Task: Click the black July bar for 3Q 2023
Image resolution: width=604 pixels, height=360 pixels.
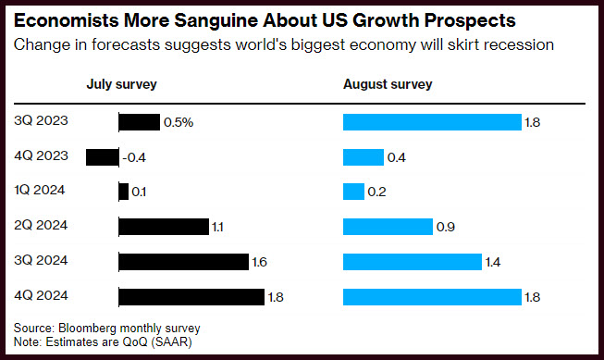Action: click(139, 122)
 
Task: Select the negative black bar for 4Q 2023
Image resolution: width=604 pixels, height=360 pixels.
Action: click(103, 157)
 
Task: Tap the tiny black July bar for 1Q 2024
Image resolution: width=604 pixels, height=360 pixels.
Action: click(124, 192)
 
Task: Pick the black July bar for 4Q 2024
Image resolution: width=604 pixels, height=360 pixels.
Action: click(191, 297)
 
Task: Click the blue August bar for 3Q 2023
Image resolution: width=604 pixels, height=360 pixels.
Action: click(432, 122)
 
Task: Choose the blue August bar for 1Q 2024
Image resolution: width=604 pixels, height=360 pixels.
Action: click(353, 192)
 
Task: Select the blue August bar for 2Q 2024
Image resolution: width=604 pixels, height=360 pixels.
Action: click(388, 227)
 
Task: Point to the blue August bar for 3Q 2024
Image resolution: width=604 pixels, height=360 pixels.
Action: click(413, 262)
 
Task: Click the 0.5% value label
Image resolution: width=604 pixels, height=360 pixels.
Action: click(179, 122)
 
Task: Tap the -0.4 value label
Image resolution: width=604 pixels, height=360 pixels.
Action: click(134, 157)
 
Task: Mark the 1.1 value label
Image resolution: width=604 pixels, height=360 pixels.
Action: click(217, 227)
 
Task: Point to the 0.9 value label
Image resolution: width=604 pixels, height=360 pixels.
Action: click(446, 227)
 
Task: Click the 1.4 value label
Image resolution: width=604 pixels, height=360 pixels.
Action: click(493, 262)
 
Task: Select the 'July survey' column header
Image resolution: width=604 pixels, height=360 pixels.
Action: click(122, 84)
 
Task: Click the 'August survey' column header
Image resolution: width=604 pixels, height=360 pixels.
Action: click(388, 84)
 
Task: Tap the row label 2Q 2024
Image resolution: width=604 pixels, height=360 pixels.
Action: click(41, 225)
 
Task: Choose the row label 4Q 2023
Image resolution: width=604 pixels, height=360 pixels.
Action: click(42, 155)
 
